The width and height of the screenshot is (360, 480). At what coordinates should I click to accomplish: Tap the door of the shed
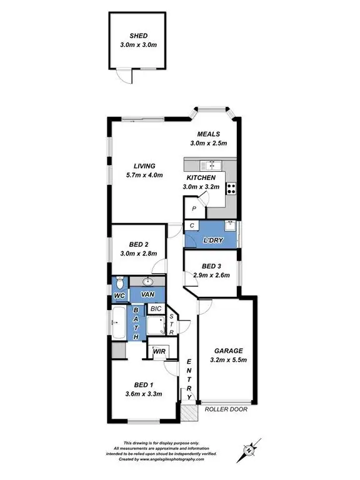pyautogui.click(x=129, y=76)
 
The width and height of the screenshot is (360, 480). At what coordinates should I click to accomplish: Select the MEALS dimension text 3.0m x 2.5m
pyautogui.click(x=208, y=143)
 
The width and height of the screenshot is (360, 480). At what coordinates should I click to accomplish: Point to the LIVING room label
pyautogui.click(x=144, y=166)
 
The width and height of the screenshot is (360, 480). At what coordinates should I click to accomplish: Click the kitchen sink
pyautogui.click(x=211, y=165)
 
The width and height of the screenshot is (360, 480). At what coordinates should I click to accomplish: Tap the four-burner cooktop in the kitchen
pyautogui.click(x=232, y=186)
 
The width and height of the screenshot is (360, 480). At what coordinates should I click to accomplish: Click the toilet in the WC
pyautogui.click(x=118, y=282)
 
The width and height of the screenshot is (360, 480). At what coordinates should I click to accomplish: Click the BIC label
pyautogui.click(x=154, y=309)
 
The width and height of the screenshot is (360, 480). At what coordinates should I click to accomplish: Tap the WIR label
pyautogui.click(x=159, y=351)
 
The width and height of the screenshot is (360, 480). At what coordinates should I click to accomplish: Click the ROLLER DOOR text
pyautogui.click(x=226, y=410)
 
